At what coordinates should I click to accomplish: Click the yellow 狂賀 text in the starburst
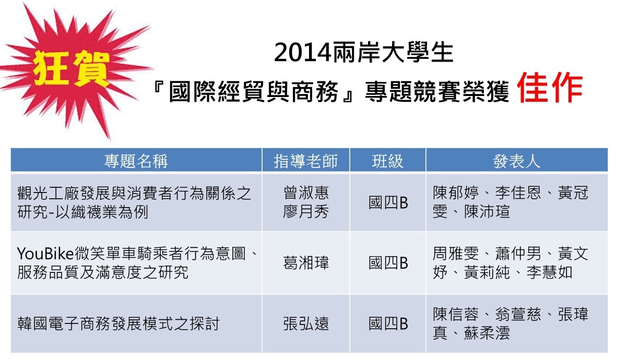pos(71,69)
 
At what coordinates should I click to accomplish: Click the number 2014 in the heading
pos(303,52)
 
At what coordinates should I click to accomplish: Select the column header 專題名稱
pos(136,161)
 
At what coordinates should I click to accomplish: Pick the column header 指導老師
pos(306,161)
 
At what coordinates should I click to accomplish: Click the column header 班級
pos(388,161)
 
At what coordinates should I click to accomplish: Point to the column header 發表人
pos(517,161)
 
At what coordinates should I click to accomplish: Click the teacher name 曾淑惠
pos(306,193)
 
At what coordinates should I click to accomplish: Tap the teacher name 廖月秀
pos(306,212)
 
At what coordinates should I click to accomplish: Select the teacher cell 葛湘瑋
pos(306,263)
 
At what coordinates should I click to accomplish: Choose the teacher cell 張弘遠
pos(306,323)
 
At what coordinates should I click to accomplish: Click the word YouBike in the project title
pos(45,254)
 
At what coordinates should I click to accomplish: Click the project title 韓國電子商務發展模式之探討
pos(118,323)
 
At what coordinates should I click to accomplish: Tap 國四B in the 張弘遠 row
pos(388,323)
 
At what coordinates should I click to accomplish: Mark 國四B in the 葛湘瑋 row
pos(388,263)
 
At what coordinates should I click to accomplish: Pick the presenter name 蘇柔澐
pos(487,333)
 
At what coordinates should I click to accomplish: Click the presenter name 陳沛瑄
pos(487,212)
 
